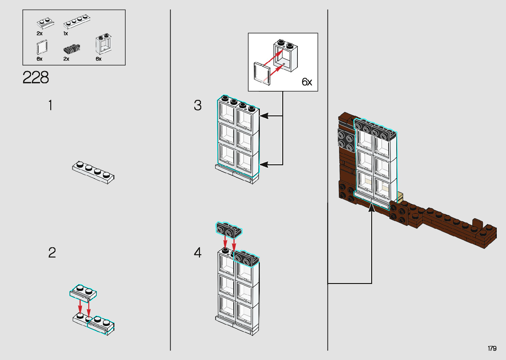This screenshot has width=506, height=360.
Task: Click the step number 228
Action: point(36,78)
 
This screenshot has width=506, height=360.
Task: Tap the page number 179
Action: point(492,348)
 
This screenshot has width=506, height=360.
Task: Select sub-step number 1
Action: point(50,105)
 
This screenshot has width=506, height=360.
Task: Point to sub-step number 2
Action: point(52,253)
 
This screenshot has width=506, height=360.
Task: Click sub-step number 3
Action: point(197,105)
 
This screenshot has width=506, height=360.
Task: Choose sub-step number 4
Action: point(197,253)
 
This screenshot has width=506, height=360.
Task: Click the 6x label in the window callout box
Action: point(307,82)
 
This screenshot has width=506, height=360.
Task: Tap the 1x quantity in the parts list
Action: point(65,34)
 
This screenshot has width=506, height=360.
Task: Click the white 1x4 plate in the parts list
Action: point(77,22)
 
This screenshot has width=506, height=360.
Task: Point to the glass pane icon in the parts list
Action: point(42,47)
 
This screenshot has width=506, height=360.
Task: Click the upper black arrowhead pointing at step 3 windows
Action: point(264,116)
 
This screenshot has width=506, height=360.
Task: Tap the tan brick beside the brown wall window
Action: point(400,197)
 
